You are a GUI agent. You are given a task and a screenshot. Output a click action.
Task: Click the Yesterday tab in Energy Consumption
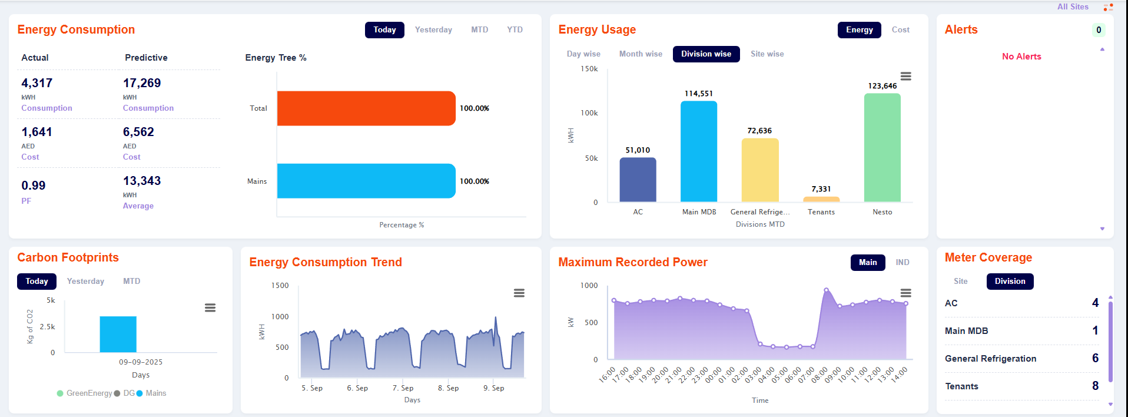pyautogui.click(x=433, y=30)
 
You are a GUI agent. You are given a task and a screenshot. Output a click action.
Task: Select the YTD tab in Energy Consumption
pyautogui.click(x=515, y=30)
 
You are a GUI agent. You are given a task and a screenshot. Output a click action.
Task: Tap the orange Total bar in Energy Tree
pyautogui.click(x=366, y=108)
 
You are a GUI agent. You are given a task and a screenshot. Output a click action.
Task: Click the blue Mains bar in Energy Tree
pyautogui.click(x=366, y=181)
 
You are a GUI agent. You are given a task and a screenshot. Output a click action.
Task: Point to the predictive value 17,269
pyautogui.click(x=142, y=83)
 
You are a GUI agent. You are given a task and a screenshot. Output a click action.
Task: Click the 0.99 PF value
pyautogui.click(x=34, y=186)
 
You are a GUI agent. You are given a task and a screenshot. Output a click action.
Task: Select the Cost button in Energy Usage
pyautogui.click(x=900, y=30)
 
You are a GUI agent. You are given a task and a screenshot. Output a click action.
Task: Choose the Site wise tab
pyautogui.click(x=767, y=54)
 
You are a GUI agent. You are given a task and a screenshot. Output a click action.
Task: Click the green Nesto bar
pyautogui.click(x=882, y=147)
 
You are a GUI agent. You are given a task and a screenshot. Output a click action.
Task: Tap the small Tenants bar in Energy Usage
pyautogui.click(x=821, y=199)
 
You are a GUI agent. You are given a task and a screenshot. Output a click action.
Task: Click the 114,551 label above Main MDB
pyautogui.click(x=698, y=94)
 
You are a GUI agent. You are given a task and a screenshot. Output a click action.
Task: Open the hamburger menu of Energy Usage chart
pyautogui.click(x=906, y=77)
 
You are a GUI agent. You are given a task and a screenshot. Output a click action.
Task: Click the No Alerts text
pyautogui.click(x=1021, y=57)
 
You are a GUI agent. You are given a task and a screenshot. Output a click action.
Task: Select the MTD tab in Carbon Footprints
pyautogui.click(x=131, y=282)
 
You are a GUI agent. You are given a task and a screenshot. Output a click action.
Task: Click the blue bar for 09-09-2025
pyautogui.click(x=118, y=334)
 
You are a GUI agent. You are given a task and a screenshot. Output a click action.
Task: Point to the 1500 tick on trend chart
pyautogui.click(x=280, y=286)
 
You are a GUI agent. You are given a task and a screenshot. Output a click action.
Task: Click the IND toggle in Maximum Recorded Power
pyautogui.click(x=903, y=263)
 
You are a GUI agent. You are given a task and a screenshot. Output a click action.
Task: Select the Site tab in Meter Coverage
pyautogui.click(x=961, y=282)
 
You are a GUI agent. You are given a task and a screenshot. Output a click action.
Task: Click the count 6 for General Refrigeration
pyautogui.click(x=1095, y=358)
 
